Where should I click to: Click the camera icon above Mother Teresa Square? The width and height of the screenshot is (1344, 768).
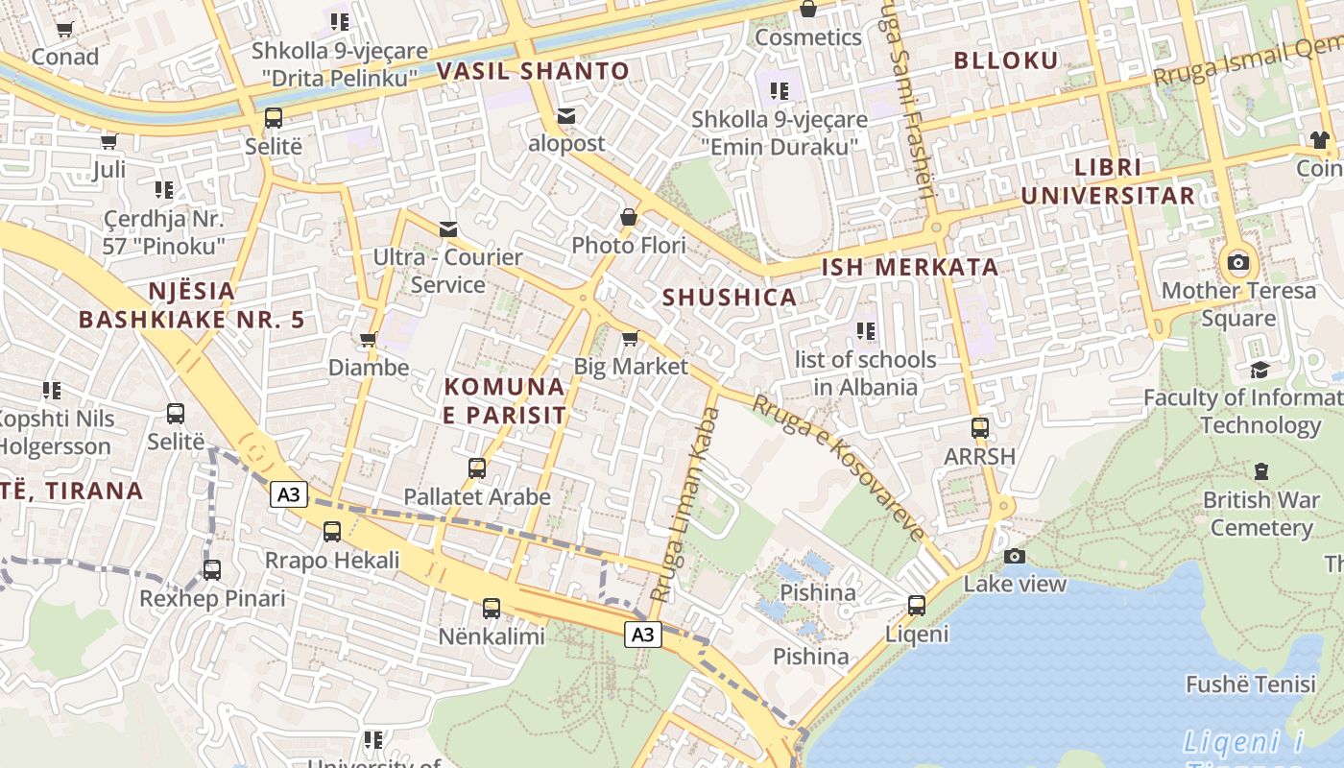tap(1238, 262)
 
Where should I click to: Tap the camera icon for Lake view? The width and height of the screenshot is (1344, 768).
tap(1015, 556)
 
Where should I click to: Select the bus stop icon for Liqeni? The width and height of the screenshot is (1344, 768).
tap(917, 606)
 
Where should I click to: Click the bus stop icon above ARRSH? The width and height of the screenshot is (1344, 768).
tap(979, 427)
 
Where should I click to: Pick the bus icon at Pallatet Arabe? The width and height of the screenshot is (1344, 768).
tap(477, 468)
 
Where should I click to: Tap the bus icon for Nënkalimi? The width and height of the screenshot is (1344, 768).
tap(492, 608)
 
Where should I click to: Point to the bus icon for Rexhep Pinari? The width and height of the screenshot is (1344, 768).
tap(212, 569)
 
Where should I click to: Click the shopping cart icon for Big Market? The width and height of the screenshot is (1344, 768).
tap(631, 338)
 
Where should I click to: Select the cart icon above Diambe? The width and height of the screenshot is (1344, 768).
tap(368, 339)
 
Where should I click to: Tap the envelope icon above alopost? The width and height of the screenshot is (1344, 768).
tap(566, 116)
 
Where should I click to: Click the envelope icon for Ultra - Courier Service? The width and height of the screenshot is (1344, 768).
tap(447, 228)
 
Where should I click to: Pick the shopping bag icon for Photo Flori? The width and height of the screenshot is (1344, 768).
tap(629, 217)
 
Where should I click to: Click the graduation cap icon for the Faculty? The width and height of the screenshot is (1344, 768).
tap(1259, 370)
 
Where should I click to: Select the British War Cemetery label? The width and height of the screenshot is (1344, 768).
tap(1261, 514)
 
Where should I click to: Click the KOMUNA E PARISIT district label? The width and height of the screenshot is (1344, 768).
tap(504, 401)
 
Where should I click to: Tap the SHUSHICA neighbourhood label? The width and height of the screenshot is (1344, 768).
tap(730, 298)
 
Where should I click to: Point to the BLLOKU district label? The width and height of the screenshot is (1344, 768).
tap(1006, 60)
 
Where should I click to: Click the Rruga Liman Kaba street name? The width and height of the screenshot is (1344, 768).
tap(684, 505)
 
